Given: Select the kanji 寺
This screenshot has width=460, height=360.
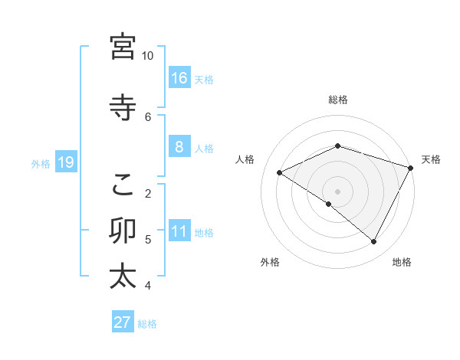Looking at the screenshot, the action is [x=123, y=106].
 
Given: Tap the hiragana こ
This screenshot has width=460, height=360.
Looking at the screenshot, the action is [x=123, y=184].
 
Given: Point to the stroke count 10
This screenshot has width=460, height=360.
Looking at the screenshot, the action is [x=148, y=56].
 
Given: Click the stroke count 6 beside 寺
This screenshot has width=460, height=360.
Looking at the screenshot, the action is [x=148, y=116].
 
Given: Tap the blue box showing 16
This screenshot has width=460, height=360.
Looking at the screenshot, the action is [x=179, y=78].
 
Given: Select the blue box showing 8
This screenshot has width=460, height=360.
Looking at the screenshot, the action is [x=179, y=147].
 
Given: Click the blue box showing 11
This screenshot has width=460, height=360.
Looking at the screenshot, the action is [x=179, y=231].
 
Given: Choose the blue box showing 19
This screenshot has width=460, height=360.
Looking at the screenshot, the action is [x=65, y=162].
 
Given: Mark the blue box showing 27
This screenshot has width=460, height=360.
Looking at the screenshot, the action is [x=123, y=322].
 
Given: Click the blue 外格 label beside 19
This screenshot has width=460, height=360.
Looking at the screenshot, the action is [x=41, y=163].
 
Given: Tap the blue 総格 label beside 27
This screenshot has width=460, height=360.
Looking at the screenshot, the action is [x=148, y=323].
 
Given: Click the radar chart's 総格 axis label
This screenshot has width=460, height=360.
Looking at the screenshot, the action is [x=337, y=100].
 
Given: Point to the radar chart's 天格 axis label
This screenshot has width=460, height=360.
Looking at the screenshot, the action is [x=431, y=159].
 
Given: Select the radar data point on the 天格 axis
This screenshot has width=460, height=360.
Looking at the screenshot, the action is [x=411, y=168].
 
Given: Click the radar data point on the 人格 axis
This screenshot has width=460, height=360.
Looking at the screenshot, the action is [x=280, y=172].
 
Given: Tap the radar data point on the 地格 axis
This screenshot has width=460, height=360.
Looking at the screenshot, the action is [x=374, y=241].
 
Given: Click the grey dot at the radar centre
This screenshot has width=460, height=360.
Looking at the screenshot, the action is [x=337, y=191].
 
